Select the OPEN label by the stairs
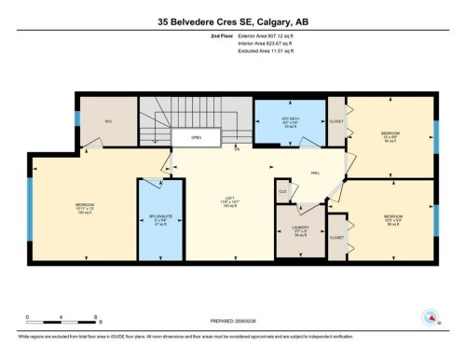[197, 137]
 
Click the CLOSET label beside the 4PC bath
[336, 120]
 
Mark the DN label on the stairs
[236, 149]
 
